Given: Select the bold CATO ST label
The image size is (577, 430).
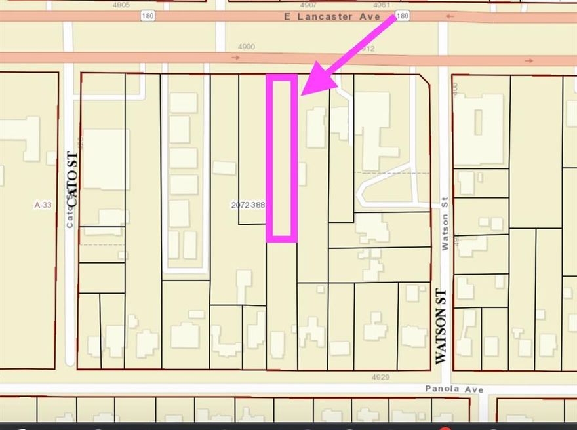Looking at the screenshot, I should click(72, 179).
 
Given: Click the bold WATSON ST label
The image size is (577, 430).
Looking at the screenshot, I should click(441, 326).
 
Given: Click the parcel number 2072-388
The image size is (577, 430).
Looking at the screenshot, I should click(248, 205).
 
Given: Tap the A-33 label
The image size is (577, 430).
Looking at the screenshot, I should click(43, 205).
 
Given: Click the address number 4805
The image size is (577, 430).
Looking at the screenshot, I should click(121, 5).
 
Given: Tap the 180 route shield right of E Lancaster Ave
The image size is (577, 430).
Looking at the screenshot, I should click(403, 14).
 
